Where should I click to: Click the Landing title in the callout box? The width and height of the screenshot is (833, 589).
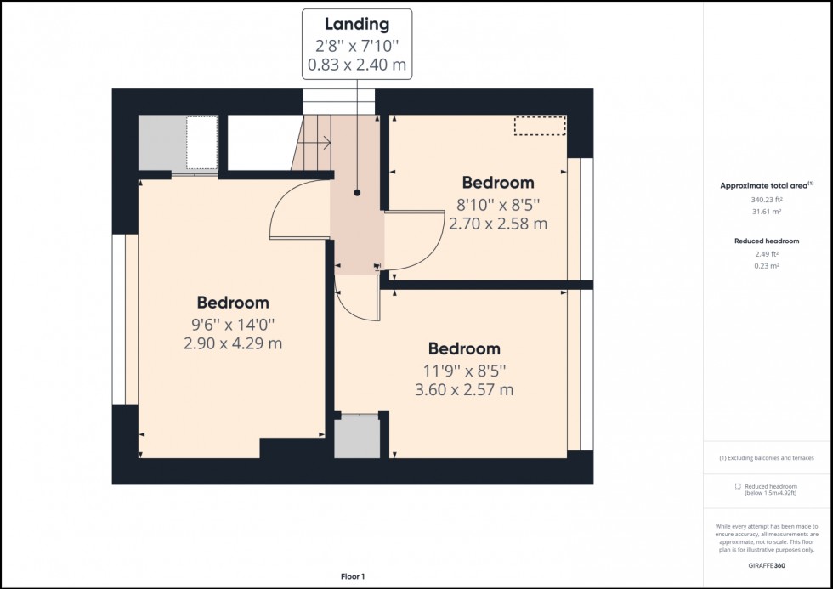pos(357,25)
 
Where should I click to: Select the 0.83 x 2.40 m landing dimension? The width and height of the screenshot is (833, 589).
pos(357,64)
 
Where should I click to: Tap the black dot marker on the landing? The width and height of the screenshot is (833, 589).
pos(358,193)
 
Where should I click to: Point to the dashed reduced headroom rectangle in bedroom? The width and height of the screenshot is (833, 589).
pos(540,126)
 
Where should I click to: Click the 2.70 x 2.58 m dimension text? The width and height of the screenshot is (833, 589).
pos(498,224)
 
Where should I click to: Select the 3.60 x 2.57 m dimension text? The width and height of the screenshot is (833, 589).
pos(465,390)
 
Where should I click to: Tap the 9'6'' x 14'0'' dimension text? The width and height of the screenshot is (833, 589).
pos(233,324)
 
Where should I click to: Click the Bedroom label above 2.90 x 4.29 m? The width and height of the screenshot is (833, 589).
pos(233,302)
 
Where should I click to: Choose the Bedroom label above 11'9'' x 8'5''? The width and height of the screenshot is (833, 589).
pos(464,348)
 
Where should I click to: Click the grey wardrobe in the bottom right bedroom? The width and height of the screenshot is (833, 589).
pos(357,438)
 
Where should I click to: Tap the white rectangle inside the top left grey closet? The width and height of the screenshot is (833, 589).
pos(201,143)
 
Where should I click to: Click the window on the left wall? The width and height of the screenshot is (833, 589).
pos(125,319)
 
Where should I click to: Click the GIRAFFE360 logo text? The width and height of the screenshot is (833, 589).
pos(768,564)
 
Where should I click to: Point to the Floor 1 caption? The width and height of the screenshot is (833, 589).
pos(352,577)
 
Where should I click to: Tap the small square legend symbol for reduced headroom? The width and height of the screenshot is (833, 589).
pos(738,487)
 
